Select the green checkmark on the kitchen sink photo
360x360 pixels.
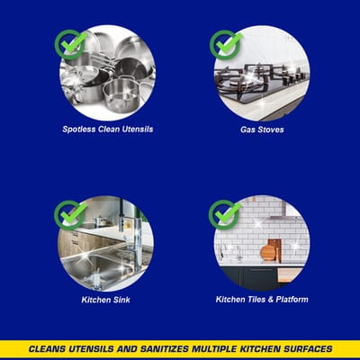click(x=71, y=215)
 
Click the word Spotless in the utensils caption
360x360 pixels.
click(x=79, y=130)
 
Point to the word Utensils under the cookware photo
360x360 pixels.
click(x=138, y=130)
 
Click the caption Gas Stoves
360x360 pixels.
click(x=262, y=130)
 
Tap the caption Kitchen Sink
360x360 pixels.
click(x=106, y=300)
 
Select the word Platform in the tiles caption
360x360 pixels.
click(x=292, y=300)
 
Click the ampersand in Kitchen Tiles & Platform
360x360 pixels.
click(x=270, y=300)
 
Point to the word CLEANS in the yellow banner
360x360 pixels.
click(x=47, y=349)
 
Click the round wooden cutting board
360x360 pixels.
click(x=267, y=252)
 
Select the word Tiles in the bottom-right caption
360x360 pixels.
click(x=256, y=300)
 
